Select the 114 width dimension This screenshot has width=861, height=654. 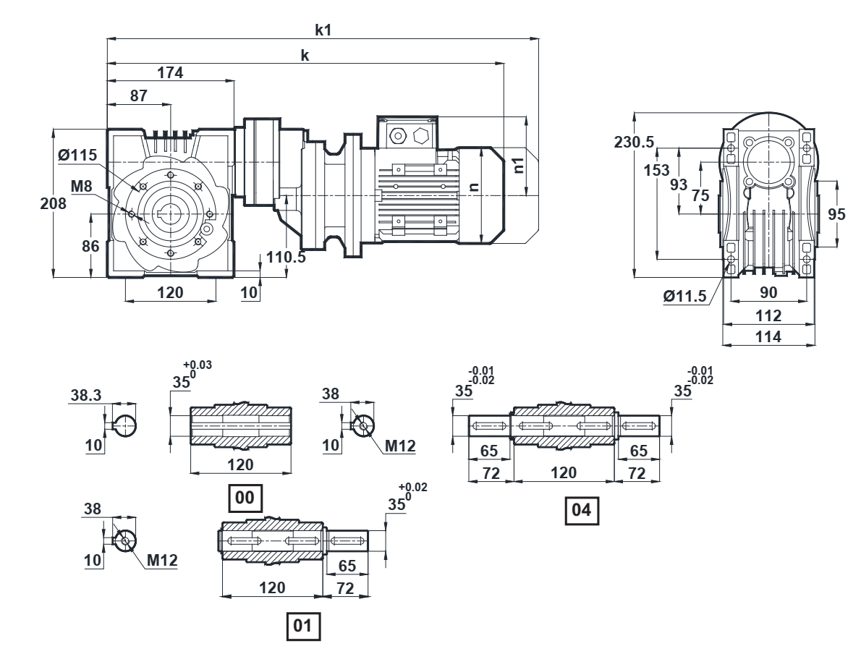click(767, 336)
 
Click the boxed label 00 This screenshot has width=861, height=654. click(245, 497)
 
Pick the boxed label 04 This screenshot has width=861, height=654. click(581, 509)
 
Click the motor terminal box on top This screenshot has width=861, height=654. click(408, 132)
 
